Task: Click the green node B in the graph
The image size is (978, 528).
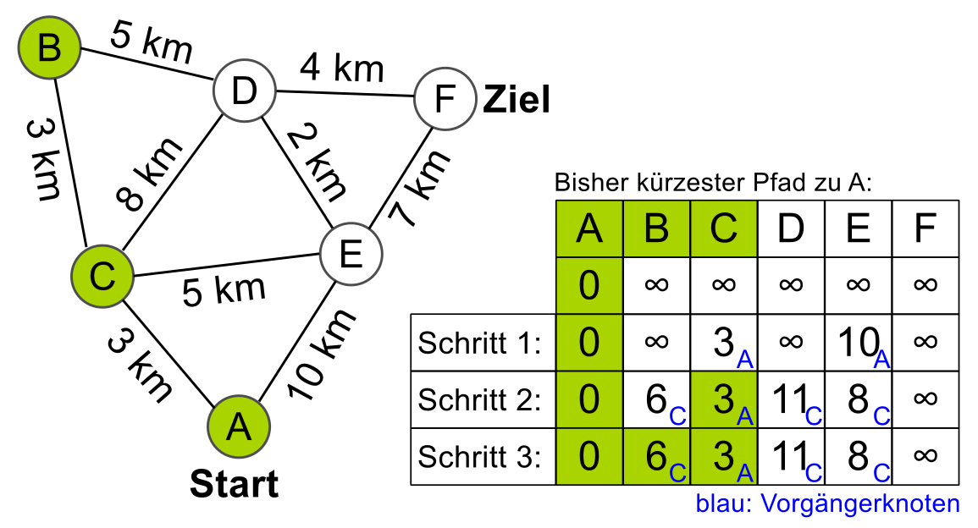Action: click(x=50, y=47)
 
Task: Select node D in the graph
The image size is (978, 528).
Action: click(x=244, y=91)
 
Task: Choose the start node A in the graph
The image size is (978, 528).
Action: click(x=240, y=427)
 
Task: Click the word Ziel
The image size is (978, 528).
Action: click(x=517, y=101)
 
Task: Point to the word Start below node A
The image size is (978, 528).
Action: click(x=234, y=485)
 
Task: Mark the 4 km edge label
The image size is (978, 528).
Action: click(x=341, y=68)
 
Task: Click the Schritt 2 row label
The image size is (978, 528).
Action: click(x=479, y=399)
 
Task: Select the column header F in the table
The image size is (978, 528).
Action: click(x=925, y=229)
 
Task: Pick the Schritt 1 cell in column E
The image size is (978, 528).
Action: click(x=857, y=343)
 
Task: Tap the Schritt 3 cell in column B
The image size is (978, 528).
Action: click(x=656, y=457)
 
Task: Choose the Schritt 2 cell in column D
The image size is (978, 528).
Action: click(x=790, y=399)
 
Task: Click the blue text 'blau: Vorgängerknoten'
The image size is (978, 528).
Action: click(x=827, y=504)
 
